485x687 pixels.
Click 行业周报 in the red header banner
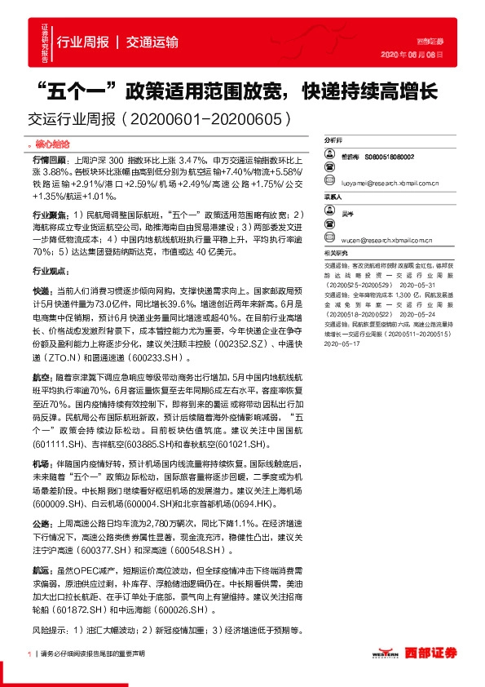(x=82, y=41)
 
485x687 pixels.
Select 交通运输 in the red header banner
(x=152, y=41)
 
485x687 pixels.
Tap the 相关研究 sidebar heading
(x=336, y=254)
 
